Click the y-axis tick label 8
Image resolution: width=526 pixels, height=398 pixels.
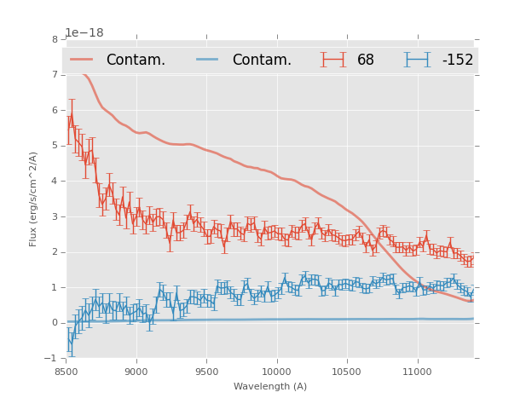55,39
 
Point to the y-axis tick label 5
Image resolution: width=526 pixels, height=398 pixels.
55,146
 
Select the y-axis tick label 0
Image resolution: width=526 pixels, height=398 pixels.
55,323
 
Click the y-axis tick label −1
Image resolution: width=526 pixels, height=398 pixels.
51,359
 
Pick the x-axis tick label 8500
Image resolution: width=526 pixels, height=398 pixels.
66,372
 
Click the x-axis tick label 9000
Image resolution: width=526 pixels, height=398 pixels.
136,372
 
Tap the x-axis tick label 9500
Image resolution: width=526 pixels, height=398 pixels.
206,372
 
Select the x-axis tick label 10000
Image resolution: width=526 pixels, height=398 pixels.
276,372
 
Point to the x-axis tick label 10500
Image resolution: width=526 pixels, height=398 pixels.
347,372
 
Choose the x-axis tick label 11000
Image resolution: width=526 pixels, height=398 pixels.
417,372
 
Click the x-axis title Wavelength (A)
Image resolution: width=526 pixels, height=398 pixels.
270,386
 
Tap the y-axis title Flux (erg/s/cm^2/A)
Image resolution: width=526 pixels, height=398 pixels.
34,199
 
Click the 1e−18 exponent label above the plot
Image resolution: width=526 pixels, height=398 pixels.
84,33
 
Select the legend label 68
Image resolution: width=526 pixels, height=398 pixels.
366,60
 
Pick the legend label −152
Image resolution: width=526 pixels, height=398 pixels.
457,60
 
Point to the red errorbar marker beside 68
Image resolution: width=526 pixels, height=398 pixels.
333,59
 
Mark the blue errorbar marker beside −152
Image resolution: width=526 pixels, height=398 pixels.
417,59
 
